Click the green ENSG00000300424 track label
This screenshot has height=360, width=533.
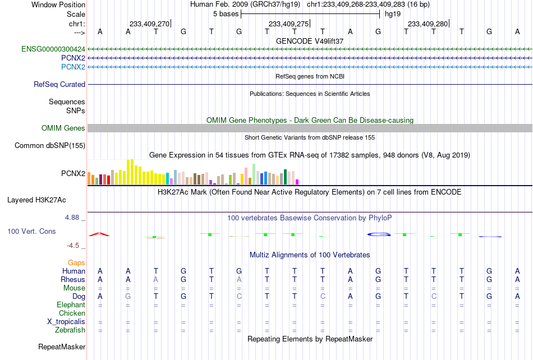(x=53, y=49)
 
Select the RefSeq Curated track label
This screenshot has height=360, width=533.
(x=59, y=84)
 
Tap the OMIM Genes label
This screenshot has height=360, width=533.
(x=63, y=128)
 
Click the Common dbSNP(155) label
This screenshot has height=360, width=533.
(x=50, y=145)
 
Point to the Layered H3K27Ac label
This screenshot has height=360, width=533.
(x=36, y=200)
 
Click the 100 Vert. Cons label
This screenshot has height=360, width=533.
(x=31, y=231)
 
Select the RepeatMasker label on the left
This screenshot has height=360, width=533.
(x=62, y=347)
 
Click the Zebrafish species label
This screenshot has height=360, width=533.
(x=70, y=330)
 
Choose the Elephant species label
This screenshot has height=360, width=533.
(x=71, y=304)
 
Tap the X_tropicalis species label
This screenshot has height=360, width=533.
(x=66, y=321)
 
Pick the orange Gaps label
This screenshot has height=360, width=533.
(x=76, y=262)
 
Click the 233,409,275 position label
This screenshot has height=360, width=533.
(x=288, y=24)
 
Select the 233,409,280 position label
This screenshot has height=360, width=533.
(x=428, y=24)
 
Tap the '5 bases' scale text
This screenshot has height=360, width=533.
(x=226, y=14)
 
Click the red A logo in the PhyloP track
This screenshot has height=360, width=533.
(x=99, y=234)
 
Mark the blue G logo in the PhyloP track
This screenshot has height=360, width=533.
(x=379, y=234)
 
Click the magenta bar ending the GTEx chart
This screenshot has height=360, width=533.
(x=297, y=182)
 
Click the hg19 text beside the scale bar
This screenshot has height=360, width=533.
(x=393, y=14)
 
